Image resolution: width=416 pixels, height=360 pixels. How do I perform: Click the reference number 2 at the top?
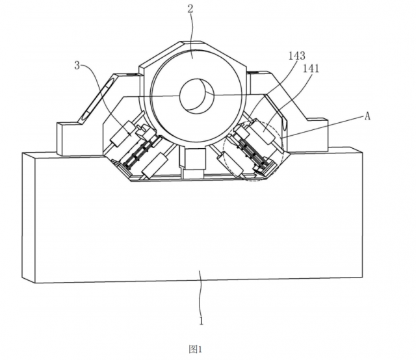pos(190,8)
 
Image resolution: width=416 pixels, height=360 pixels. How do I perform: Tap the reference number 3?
pos(77,65)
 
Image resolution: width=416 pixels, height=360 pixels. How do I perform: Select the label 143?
pos(297,56)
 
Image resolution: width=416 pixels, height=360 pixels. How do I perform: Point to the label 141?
pos(311,69)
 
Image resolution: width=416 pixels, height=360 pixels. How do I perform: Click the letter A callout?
pos(367,116)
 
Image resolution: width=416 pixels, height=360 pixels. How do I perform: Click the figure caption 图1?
pos(195,349)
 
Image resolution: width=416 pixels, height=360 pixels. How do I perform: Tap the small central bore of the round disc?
pos(196,95)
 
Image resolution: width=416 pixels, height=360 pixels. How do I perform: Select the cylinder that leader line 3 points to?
pos(123,134)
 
